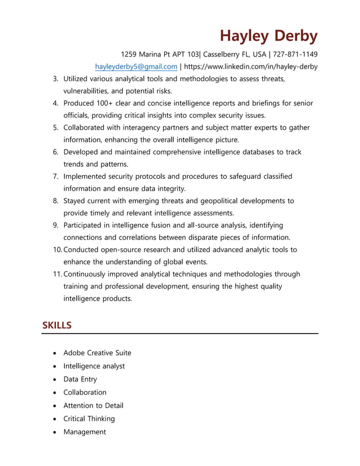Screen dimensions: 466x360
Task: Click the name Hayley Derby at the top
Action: (x=269, y=36)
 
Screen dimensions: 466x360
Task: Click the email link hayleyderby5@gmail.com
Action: (x=135, y=67)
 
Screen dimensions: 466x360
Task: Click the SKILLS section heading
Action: (x=56, y=326)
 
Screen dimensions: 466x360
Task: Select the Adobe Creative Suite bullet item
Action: (x=97, y=353)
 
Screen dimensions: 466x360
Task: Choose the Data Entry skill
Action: (x=80, y=379)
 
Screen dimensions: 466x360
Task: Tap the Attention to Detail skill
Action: (x=93, y=405)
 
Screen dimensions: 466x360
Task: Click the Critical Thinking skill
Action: (x=89, y=419)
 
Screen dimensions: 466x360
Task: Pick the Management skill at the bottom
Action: (x=85, y=432)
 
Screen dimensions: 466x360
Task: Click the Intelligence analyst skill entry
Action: (x=94, y=366)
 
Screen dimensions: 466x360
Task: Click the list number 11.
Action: (x=57, y=274)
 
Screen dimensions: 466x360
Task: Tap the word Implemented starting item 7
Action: (x=86, y=177)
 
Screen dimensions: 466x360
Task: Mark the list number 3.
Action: (x=56, y=79)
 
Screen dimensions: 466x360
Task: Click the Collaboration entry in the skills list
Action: (x=85, y=392)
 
